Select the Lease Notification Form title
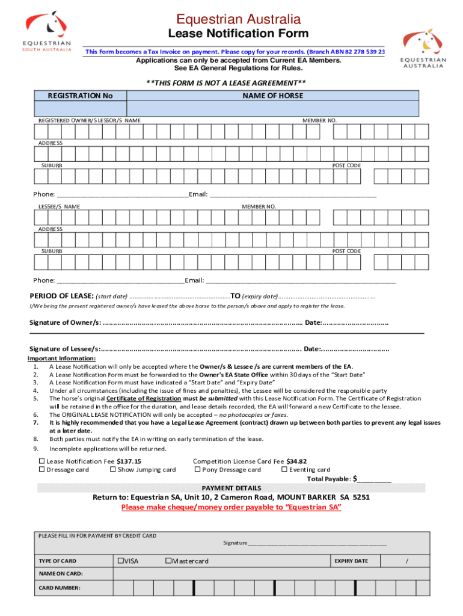(x=238, y=34)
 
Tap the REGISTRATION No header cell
(x=81, y=96)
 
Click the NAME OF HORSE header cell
(x=272, y=96)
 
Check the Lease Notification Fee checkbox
(x=42, y=461)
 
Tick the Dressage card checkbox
(x=42, y=470)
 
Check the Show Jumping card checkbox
(x=113, y=470)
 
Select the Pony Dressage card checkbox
(x=197, y=470)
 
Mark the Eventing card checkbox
(x=284, y=470)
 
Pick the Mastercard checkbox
(x=169, y=561)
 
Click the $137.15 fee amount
(x=129, y=461)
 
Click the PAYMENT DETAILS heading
(x=231, y=488)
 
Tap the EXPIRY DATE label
(x=351, y=561)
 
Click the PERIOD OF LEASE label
(x=61, y=296)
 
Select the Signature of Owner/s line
(x=202, y=323)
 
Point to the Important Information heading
(x=66, y=359)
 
